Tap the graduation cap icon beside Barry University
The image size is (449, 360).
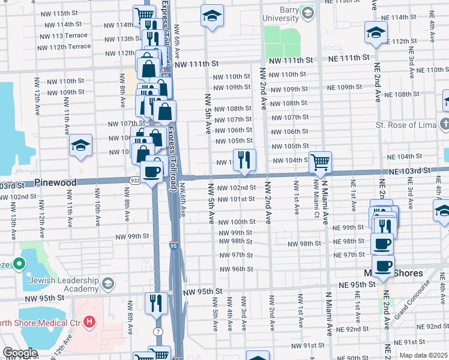tap(307, 13)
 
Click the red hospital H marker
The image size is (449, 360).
tap(89, 322)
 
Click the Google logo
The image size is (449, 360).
tap(19, 352)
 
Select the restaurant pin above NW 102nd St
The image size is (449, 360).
tap(244, 160)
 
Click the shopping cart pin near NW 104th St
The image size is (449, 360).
tap(320, 161)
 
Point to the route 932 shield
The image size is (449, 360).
tap(135, 180)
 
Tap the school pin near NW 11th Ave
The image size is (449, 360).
tap(80, 145)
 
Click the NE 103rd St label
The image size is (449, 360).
tap(410, 171)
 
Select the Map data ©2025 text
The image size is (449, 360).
tap(423, 355)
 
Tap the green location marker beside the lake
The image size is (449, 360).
tap(19, 263)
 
